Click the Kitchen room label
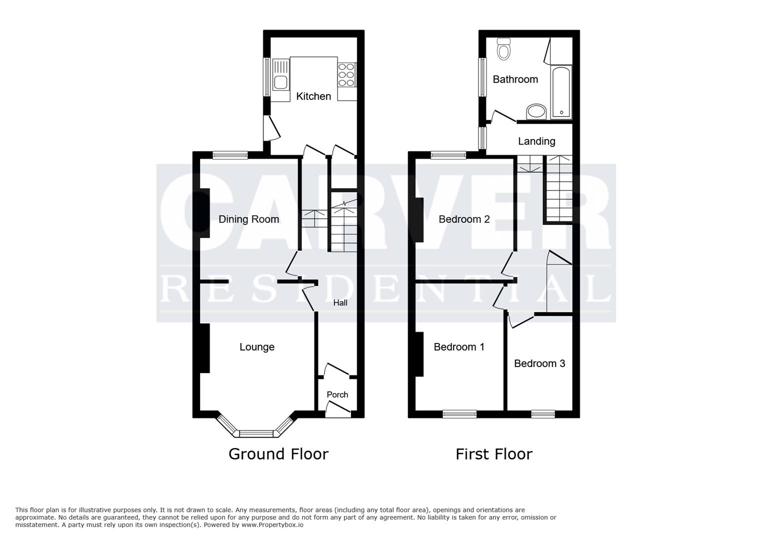tap(313, 96)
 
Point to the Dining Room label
tap(248, 219)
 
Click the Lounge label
tap(257, 347)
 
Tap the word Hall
tap(340, 303)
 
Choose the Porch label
tap(337, 394)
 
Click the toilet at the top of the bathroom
tap(503, 49)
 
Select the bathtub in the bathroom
tap(561, 92)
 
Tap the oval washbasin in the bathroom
tap(536, 111)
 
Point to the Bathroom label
tap(515, 79)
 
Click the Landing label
tap(536, 141)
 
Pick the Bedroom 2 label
tap(464, 219)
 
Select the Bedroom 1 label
tap(458, 347)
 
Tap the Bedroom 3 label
tap(539, 363)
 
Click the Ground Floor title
tap(278, 454)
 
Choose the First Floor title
tap(494, 454)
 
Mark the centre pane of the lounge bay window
tap(256, 433)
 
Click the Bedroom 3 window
tap(543, 414)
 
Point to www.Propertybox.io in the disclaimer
tap(272, 525)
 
